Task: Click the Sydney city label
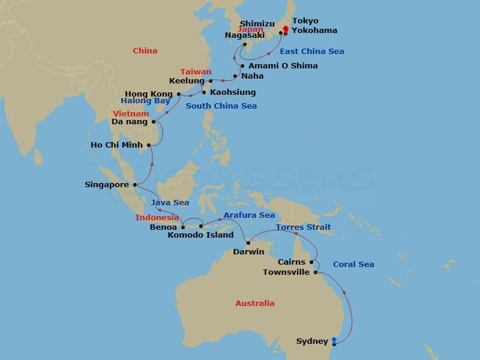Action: pos(312,341)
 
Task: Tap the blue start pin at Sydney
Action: pos(334,341)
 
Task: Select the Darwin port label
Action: pos(248,251)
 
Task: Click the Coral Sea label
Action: pos(353,264)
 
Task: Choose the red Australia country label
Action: pos(254,303)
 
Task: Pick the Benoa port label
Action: pos(163,227)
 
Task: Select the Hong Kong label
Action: pos(149,94)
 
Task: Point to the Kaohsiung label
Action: pos(233,92)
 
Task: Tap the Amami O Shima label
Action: pos(282,65)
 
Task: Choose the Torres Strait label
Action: pos(303,227)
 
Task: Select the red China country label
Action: pos(145,51)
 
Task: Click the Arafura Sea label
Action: pos(249,215)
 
